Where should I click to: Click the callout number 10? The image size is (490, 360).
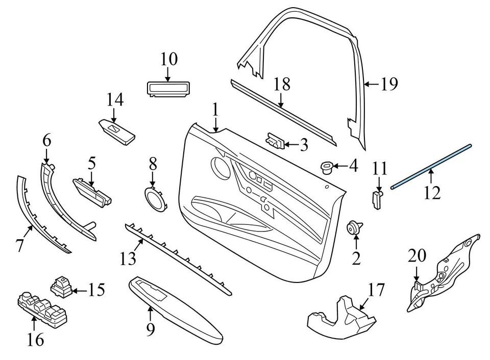[x=169, y=59]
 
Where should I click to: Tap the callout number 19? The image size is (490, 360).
[x=389, y=84]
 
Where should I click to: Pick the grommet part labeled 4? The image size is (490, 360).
[x=326, y=166]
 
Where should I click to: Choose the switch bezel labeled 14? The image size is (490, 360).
[x=117, y=131]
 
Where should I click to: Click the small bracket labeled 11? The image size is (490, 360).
[x=378, y=198]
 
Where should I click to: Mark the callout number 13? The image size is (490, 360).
[x=128, y=259]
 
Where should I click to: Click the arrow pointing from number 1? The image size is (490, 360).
[x=216, y=124]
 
